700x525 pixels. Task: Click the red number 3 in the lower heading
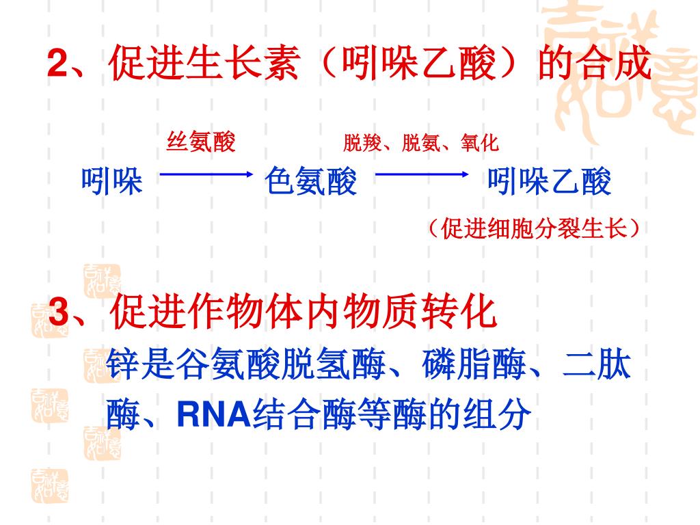tap(59, 313)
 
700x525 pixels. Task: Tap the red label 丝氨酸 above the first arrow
tap(201, 143)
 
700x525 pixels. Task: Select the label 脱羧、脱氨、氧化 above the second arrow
tap(421, 143)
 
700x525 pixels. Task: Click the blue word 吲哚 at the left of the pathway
tap(112, 183)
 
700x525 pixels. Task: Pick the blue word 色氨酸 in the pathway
tap(311, 183)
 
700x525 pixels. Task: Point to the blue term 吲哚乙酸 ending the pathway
tap(550, 183)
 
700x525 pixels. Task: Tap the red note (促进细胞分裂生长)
tap(535, 228)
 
